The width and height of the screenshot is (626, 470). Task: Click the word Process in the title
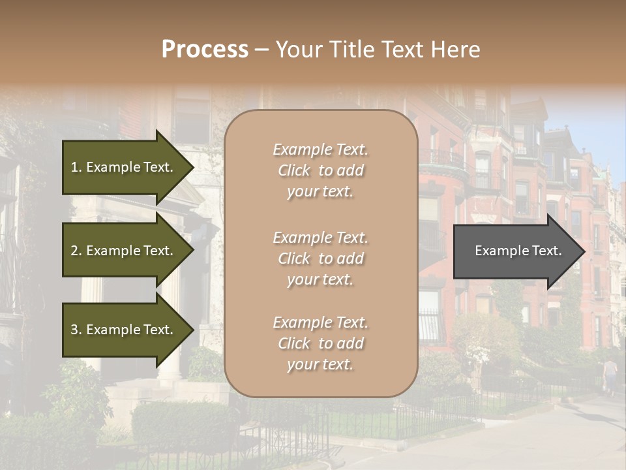(205, 50)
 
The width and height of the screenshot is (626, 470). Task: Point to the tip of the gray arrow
(584, 251)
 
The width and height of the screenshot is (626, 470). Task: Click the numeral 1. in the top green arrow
(76, 167)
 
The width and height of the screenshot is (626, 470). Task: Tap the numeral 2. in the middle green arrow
(76, 251)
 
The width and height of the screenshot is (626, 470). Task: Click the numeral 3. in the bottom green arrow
(76, 330)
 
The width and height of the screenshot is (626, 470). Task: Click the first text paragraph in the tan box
(321, 170)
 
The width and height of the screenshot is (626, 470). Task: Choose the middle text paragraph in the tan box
(321, 258)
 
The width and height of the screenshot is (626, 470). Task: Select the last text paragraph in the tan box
(321, 343)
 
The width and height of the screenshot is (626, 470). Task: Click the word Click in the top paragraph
(294, 170)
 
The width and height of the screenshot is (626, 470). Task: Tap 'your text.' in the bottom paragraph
(320, 364)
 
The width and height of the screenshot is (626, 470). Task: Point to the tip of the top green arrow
(194, 167)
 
